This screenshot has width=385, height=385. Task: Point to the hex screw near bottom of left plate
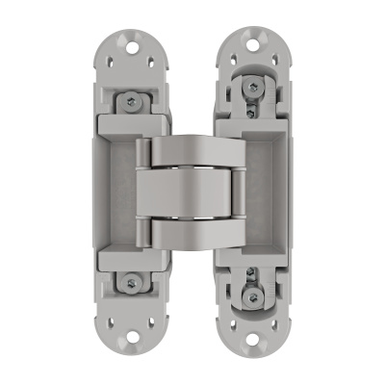131,283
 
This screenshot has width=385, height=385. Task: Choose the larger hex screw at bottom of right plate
253,296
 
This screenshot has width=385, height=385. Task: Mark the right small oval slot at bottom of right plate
276,323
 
